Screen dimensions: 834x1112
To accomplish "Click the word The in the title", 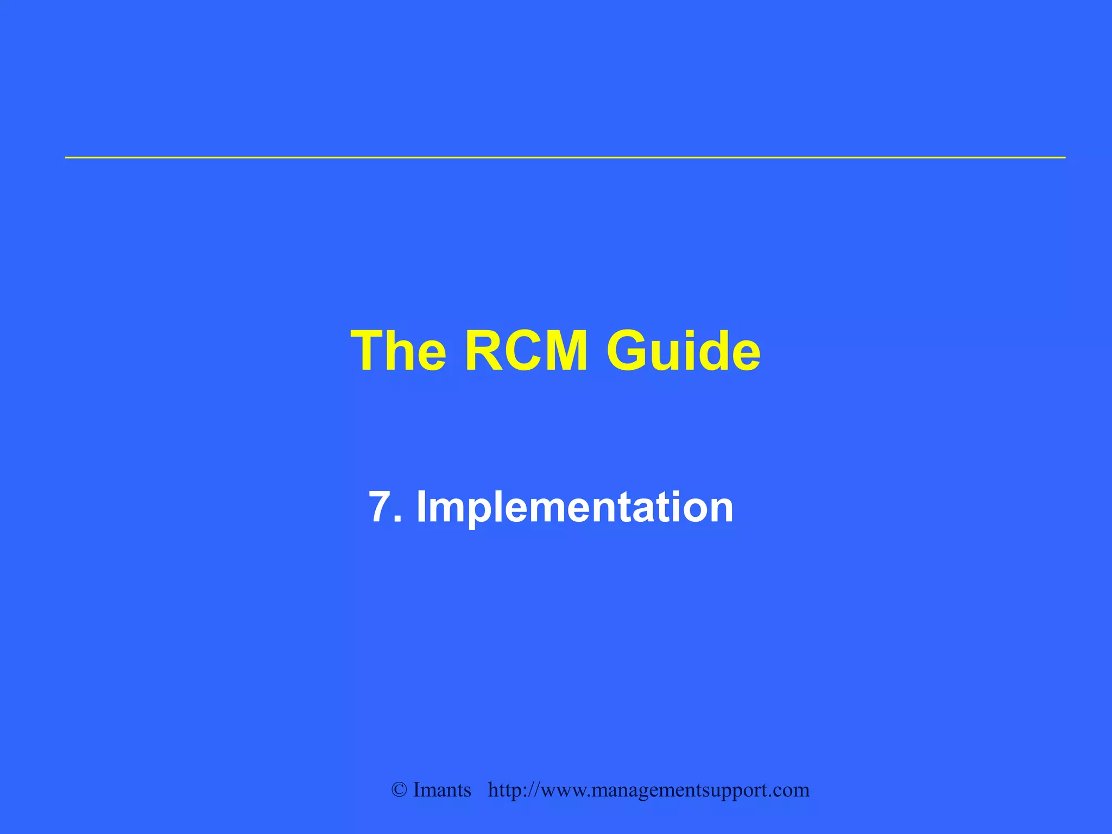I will click(x=399, y=351).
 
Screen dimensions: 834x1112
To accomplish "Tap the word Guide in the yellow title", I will click(x=683, y=351).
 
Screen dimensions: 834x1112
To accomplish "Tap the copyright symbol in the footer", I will click(x=399, y=791).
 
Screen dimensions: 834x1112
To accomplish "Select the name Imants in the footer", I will click(x=442, y=790).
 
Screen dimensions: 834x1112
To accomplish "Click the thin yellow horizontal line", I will click(x=565, y=157).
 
